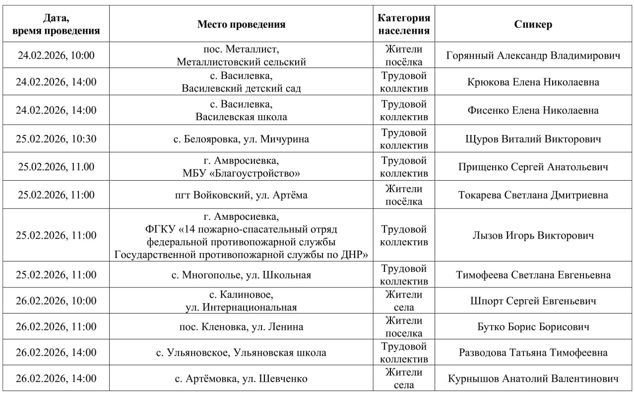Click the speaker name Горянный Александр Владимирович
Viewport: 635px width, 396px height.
[x=533, y=56]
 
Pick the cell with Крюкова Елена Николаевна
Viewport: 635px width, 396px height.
[x=533, y=82]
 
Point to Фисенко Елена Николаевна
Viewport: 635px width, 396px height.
[x=533, y=111]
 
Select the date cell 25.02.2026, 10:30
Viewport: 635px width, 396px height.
[x=56, y=139]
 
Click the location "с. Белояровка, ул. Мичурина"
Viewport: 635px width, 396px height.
[x=241, y=139]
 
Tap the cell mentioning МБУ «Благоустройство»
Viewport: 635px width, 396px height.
[x=241, y=167]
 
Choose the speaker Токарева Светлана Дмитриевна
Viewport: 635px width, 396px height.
[x=533, y=195]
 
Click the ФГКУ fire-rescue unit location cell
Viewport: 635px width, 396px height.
[x=241, y=236]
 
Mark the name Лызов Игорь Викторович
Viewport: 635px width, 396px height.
[x=533, y=235]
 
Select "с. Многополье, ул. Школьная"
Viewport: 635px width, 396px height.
[x=241, y=275]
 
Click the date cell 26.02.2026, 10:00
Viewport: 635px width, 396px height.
[x=56, y=301]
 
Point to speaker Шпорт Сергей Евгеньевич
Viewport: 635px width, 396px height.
[x=533, y=301]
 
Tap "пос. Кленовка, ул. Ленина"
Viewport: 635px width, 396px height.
[x=241, y=327]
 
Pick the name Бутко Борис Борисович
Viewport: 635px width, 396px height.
[x=533, y=327]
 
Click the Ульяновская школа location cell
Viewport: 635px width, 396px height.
[x=241, y=353]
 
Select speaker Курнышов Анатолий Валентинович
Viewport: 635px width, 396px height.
[x=533, y=379]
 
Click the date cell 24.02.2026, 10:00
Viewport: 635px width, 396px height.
[x=56, y=56]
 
